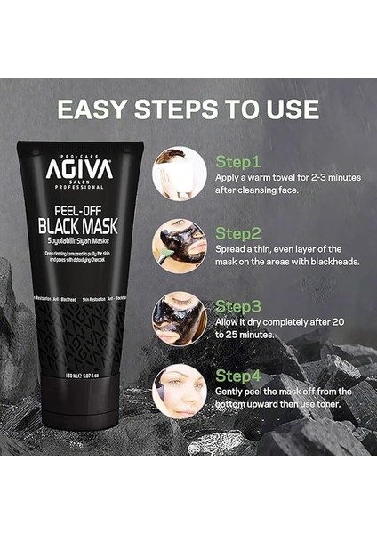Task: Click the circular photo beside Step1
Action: coord(179,172)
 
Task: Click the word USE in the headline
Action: coord(289,110)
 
